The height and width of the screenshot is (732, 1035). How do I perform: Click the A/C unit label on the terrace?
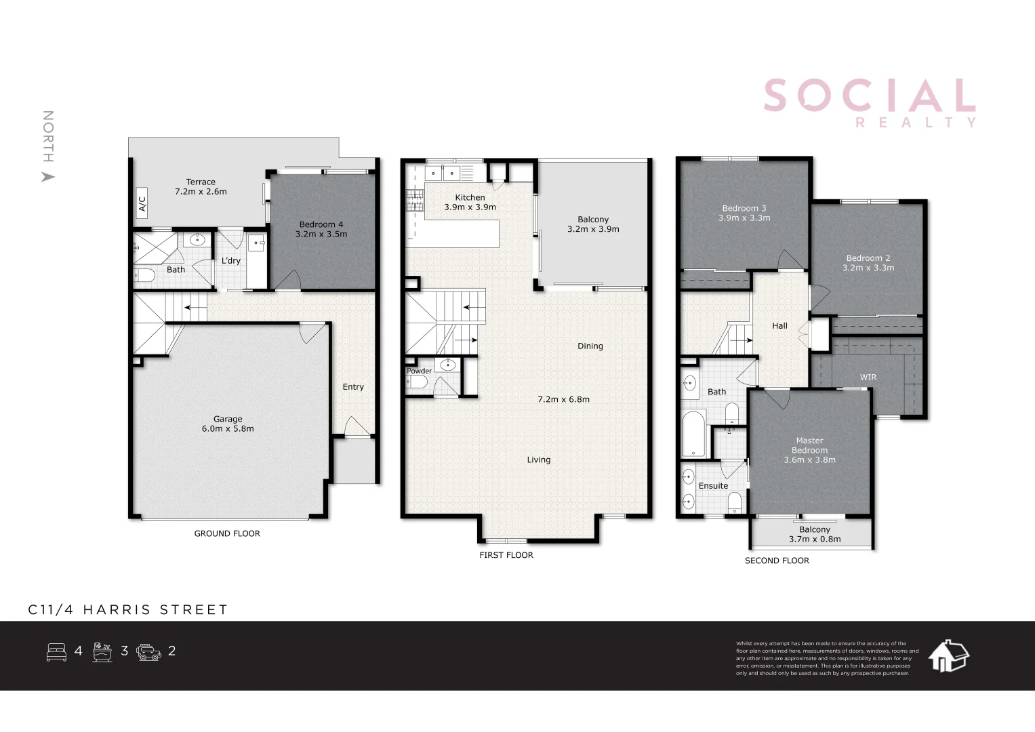pos(142,203)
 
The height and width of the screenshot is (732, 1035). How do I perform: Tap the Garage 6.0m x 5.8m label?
pos(228,424)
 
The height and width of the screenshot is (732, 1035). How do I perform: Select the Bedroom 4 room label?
pos(321,229)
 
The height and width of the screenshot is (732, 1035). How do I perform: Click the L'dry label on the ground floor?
pos(231,261)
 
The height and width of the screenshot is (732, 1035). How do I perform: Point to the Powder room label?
pos(419,371)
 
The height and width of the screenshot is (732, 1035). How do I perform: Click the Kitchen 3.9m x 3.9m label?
pos(470,202)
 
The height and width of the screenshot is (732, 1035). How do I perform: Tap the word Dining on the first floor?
pos(590,346)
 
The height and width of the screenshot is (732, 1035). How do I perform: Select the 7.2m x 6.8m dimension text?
pos(563,399)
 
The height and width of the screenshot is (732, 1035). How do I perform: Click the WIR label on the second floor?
pos(868,378)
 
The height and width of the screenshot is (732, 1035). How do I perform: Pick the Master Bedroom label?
pos(809,450)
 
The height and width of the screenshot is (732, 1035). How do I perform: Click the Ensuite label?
pos(713,486)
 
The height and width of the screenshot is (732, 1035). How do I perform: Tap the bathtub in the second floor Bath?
pos(693,434)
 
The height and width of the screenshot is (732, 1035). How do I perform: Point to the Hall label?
pos(779,326)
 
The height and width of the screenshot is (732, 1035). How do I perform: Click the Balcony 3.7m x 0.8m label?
pos(814,534)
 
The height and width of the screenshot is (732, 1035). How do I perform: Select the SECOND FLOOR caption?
pos(777,561)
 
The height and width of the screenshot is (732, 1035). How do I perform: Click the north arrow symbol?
pos(47,177)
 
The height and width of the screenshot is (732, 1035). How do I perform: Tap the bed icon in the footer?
pos(56,652)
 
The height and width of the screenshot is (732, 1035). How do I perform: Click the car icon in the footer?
pos(148,652)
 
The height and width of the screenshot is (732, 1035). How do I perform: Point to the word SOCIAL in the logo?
pos(869,96)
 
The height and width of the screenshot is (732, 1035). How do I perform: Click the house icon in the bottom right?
pos(948,656)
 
